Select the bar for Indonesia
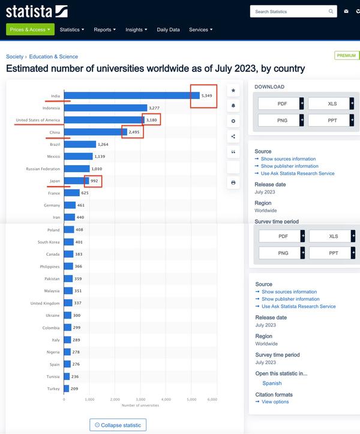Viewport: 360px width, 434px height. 105,108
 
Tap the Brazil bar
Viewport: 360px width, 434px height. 80,144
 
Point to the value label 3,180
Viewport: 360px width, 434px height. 152,120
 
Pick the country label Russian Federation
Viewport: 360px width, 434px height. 43,169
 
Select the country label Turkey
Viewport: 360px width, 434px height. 54,389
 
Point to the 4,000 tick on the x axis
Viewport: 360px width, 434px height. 166,399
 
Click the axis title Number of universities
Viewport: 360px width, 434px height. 140,405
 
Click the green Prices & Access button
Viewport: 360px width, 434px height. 30,29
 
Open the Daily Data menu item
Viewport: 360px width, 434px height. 168,29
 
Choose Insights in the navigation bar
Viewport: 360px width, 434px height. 136,29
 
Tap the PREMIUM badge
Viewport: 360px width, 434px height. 347,55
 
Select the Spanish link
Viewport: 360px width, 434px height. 272,383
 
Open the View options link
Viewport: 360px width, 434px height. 275,402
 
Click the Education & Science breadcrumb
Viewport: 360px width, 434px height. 53,56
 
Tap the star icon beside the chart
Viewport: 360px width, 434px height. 233,90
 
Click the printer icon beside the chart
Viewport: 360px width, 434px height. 233,182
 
